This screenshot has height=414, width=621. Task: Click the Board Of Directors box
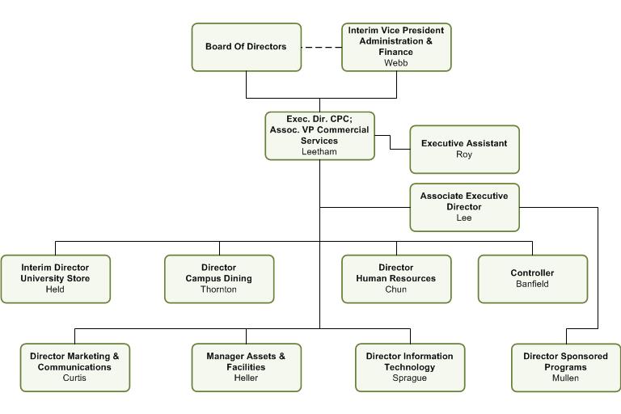click(x=247, y=47)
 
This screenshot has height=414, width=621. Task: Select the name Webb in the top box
click(x=395, y=62)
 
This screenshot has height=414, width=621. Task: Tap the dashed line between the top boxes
click(x=322, y=47)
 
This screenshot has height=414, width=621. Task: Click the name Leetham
click(x=319, y=151)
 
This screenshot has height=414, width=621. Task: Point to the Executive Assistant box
click(x=465, y=150)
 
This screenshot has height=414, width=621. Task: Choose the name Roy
click(x=464, y=154)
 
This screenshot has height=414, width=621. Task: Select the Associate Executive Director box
click(x=465, y=207)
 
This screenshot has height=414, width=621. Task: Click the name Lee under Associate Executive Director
click(x=464, y=218)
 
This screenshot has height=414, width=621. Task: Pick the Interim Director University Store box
click(x=56, y=279)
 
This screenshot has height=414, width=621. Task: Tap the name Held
click(x=55, y=289)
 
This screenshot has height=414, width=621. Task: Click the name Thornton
click(x=218, y=289)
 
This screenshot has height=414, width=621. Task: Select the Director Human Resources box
click(x=396, y=279)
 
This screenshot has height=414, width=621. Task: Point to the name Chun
click(x=396, y=289)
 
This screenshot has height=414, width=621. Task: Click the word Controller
click(x=532, y=272)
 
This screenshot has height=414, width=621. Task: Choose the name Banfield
click(x=532, y=284)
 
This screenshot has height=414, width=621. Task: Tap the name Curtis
click(x=74, y=378)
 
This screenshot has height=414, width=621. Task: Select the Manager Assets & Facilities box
click(x=247, y=368)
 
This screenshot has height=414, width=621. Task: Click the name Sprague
click(x=409, y=378)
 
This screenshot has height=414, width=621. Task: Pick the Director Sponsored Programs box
click(x=566, y=368)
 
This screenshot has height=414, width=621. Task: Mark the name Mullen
click(x=565, y=378)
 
